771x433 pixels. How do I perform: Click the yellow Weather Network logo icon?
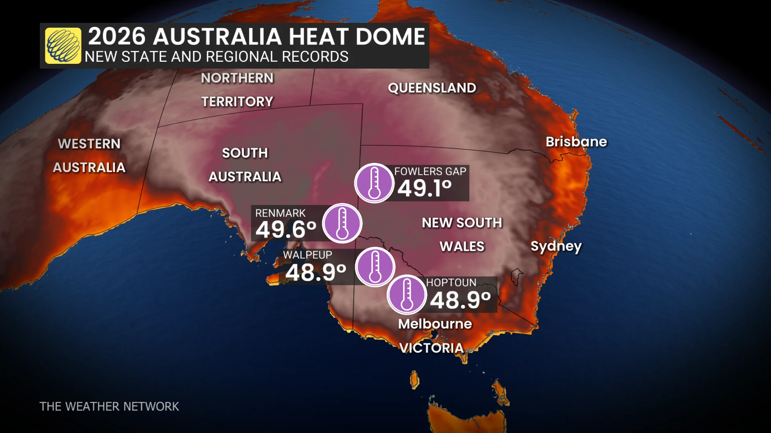tap(63, 46)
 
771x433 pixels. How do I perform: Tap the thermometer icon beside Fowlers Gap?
tap(374, 183)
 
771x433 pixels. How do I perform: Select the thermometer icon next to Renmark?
tap(342, 223)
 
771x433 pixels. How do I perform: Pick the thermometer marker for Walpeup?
tap(375, 267)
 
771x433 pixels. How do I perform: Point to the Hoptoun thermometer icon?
tap(407, 295)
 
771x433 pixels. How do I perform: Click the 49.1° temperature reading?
tap(425, 188)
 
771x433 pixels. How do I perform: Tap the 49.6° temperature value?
tap(286, 230)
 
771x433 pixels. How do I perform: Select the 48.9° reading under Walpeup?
tap(315, 273)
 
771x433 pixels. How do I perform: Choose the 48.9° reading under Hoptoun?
tap(460, 300)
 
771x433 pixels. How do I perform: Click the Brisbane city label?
tap(576, 142)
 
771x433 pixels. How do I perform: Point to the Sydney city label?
tap(556, 246)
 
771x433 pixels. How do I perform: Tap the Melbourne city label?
tap(435, 324)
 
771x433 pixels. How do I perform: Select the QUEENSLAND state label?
tap(432, 88)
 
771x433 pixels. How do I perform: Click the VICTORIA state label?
tap(432, 348)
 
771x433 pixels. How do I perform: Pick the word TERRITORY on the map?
tap(237, 102)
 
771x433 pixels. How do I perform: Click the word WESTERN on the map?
tap(89, 144)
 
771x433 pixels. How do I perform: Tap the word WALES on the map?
tap(462, 246)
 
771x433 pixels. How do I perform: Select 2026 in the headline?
tap(117, 37)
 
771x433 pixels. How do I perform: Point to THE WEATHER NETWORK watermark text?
tap(109, 407)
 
